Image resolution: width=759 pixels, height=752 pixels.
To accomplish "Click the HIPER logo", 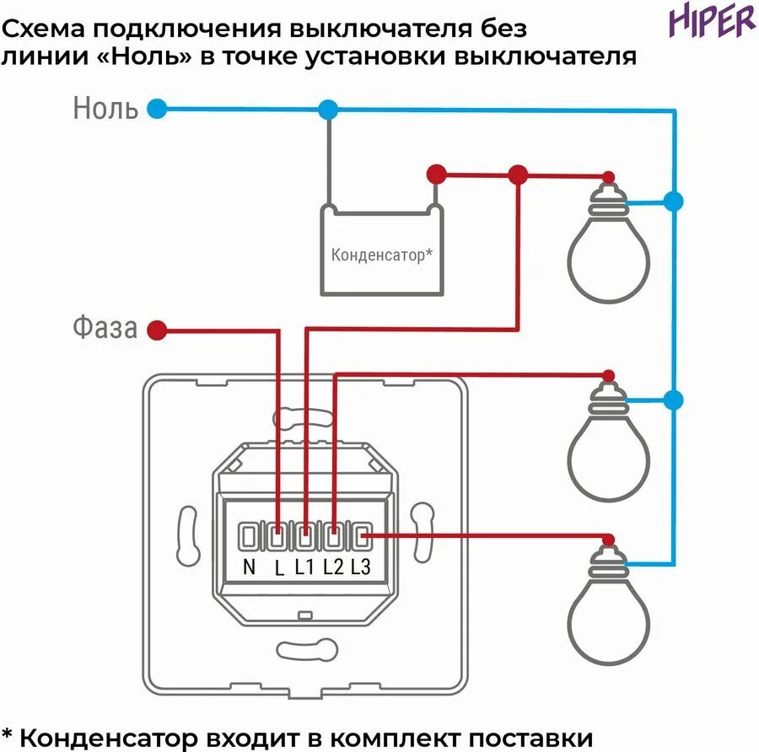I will click(713, 21).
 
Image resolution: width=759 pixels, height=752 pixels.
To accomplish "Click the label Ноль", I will click(105, 109).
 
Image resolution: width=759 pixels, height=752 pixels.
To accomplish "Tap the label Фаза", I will click(104, 328).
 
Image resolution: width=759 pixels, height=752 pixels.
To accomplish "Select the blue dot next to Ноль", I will click(156, 109).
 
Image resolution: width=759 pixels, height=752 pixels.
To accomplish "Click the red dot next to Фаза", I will click(156, 330).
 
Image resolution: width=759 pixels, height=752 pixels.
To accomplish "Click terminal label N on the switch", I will click(249, 567).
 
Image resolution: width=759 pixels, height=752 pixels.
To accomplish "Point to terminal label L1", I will click(304, 567).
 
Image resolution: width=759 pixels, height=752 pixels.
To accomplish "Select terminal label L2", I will click(332, 567).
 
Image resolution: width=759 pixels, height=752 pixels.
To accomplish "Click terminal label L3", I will click(360, 567).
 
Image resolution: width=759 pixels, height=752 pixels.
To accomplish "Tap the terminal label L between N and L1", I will click(279, 567).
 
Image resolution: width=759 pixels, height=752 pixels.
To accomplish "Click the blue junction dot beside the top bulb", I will click(673, 201).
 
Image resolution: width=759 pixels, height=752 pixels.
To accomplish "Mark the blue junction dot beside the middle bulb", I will click(673, 400).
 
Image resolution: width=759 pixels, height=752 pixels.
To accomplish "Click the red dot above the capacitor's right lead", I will click(435, 175).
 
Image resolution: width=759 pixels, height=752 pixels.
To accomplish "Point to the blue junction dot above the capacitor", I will click(328, 109).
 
